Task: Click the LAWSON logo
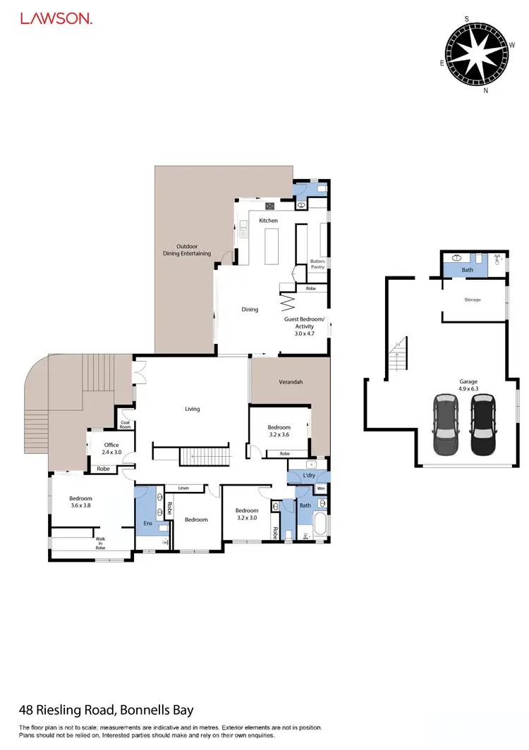point(56,20)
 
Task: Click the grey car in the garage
point(446,424)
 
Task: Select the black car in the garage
point(483,424)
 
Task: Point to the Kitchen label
point(268,221)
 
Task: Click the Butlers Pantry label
point(318,264)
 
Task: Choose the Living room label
point(192,409)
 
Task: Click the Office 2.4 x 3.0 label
point(111,448)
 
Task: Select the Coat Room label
point(126,424)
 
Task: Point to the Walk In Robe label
point(104,543)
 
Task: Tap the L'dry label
point(308,477)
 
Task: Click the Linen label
point(183,488)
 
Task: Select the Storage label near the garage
point(472,300)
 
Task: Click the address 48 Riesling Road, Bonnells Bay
point(106,710)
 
